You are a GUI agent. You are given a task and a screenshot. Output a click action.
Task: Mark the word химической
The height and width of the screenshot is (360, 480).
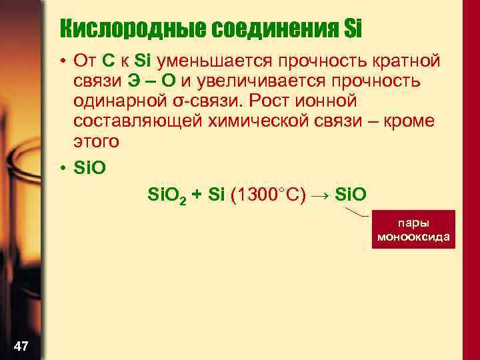tap(270, 122)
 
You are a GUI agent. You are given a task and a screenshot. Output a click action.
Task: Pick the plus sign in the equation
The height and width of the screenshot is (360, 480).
tap(195, 195)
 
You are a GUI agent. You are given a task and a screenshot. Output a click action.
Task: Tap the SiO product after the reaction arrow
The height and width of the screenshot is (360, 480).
tap(351, 195)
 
